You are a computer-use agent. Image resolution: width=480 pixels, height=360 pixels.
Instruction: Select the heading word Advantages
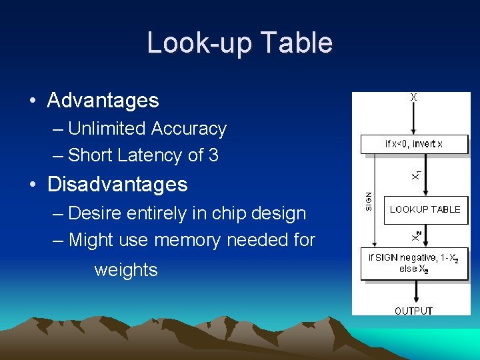click(x=103, y=101)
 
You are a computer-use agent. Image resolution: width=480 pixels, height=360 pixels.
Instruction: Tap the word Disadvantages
click(x=117, y=184)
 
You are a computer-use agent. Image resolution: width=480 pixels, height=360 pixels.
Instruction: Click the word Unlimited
click(x=107, y=129)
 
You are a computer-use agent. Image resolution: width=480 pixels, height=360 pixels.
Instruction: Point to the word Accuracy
click(x=189, y=129)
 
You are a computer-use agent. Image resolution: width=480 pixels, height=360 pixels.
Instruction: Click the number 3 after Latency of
click(x=213, y=155)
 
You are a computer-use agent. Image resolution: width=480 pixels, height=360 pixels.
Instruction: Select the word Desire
click(x=96, y=213)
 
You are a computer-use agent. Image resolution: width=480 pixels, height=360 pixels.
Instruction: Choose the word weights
click(x=126, y=270)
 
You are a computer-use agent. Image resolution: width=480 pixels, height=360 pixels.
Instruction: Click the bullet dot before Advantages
click(x=32, y=101)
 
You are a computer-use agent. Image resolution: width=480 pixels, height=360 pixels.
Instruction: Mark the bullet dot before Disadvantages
click(x=32, y=185)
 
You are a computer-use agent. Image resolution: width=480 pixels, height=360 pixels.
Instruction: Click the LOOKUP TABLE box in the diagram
click(x=425, y=209)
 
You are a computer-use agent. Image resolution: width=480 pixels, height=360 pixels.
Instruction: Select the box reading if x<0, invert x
click(x=414, y=144)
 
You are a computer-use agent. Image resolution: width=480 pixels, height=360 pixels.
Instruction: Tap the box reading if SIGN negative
click(x=414, y=264)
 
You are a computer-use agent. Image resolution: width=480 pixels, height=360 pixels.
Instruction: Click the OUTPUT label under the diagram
click(x=413, y=311)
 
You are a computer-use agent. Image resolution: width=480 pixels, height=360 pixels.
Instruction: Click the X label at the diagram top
click(x=413, y=97)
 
